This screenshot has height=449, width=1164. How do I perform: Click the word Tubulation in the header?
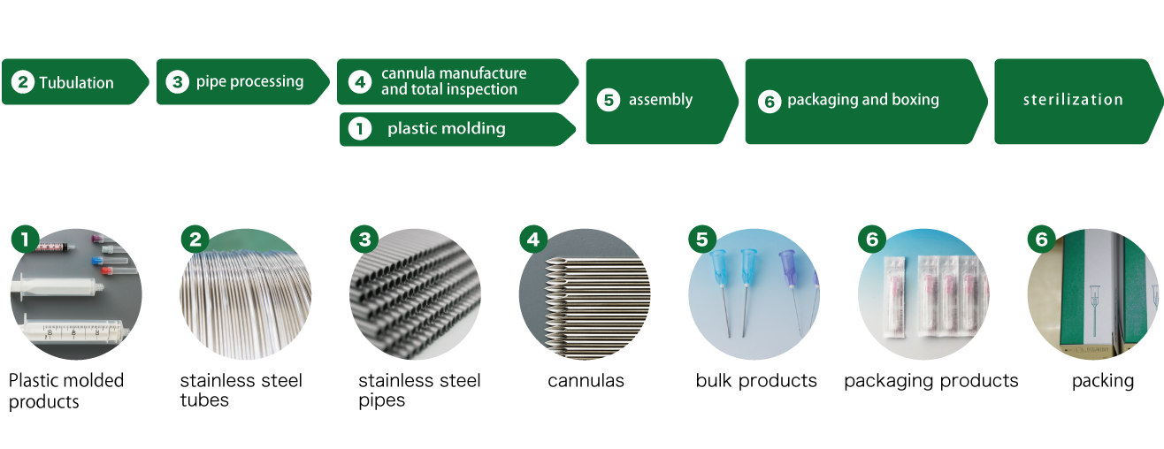76,83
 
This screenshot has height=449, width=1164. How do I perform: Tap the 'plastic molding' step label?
446,129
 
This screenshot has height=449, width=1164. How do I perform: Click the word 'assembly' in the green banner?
660,100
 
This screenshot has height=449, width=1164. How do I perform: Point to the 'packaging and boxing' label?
862,100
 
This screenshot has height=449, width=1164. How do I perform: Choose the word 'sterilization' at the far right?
1073,100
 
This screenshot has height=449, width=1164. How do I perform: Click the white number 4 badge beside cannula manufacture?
359,82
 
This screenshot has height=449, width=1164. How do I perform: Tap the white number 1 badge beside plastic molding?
359,129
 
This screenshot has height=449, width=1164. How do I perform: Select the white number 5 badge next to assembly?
608,100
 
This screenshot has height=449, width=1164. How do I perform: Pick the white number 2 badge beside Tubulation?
22,83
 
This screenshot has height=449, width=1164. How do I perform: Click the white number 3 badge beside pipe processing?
178,82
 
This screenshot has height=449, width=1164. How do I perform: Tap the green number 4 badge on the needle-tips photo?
532,240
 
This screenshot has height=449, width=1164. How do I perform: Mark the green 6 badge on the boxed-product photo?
1040,240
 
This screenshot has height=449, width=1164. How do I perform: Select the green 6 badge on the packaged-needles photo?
871,240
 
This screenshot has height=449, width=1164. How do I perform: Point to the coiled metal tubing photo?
246,296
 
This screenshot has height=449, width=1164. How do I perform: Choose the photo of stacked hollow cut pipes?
416,296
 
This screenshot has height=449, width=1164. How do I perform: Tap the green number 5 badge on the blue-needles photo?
701,240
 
